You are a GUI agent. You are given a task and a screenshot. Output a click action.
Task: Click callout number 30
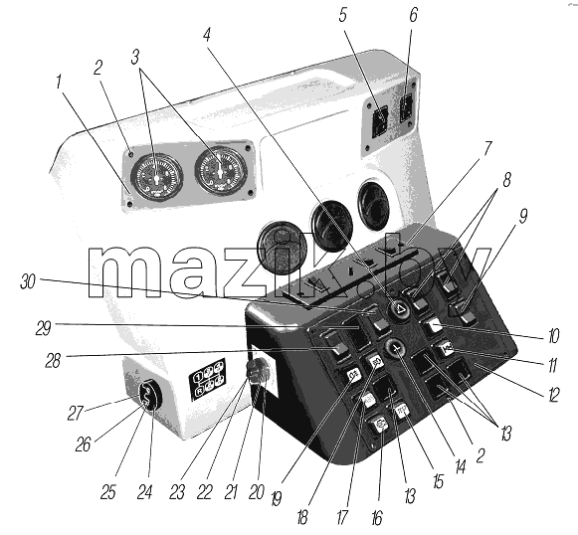tap(27, 281)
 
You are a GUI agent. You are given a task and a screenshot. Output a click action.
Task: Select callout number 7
tap(487, 148)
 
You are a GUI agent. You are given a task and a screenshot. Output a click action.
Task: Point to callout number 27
tap(76, 413)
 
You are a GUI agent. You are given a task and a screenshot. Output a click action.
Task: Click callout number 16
tap(377, 518)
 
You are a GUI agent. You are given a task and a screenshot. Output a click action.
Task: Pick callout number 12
tap(554, 395)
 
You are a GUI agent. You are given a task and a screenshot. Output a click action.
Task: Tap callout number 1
tap(59, 82)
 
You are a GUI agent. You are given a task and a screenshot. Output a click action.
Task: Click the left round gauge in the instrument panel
tap(157, 177)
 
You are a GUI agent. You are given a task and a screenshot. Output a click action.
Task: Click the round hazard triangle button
tap(399, 311)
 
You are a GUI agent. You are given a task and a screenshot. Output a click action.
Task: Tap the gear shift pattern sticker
tap(208, 379)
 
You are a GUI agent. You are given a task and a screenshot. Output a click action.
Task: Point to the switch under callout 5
tap(380, 121)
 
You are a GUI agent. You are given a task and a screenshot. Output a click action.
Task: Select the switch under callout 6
tap(406, 107)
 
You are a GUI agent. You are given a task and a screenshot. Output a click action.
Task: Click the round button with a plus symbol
tap(396, 348)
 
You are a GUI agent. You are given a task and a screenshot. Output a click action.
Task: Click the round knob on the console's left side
tap(258, 372)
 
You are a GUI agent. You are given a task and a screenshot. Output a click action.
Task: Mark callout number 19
tap(276, 499)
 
